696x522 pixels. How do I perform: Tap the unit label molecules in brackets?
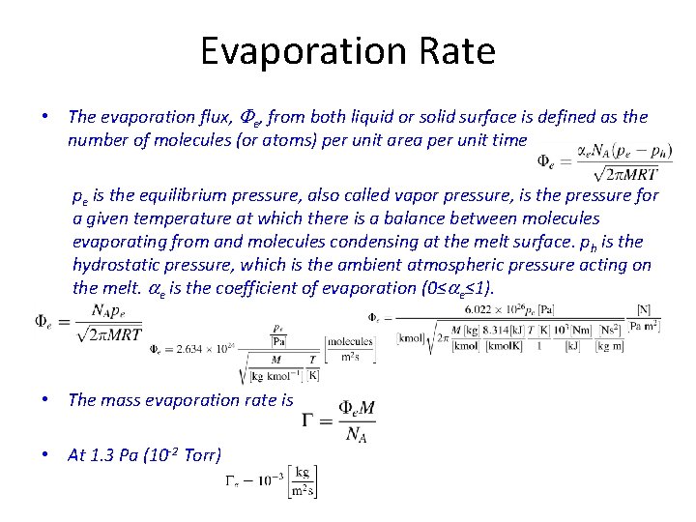tap(351, 341)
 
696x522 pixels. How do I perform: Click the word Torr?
tap(200, 454)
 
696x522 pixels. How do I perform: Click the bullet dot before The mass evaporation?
tap(45, 399)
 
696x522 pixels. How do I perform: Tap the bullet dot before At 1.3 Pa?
tap(45, 454)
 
